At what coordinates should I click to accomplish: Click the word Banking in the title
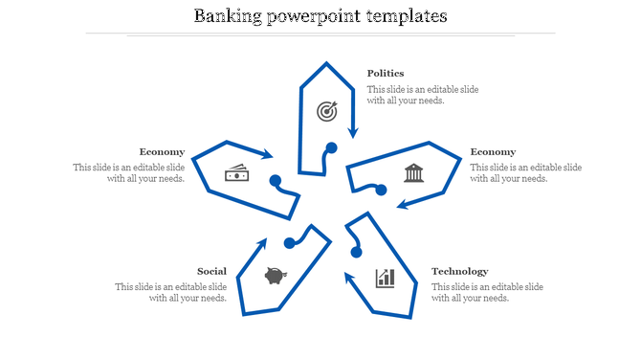(x=232, y=16)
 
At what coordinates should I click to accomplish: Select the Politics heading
(x=386, y=73)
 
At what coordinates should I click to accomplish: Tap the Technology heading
(x=459, y=271)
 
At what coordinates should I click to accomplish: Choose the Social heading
(x=211, y=271)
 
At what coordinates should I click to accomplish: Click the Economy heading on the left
(x=162, y=151)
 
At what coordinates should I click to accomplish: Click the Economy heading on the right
(x=493, y=151)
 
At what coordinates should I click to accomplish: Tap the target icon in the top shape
(x=327, y=111)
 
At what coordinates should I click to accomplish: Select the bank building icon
(x=414, y=172)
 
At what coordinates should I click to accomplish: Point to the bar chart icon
(x=386, y=278)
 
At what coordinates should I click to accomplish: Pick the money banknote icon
(x=236, y=173)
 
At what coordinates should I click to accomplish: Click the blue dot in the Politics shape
(x=331, y=147)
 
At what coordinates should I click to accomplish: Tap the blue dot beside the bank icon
(x=380, y=191)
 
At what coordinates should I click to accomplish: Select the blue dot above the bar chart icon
(x=357, y=252)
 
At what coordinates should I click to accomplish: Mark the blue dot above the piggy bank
(x=288, y=243)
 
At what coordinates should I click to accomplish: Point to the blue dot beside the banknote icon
(x=274, y=179)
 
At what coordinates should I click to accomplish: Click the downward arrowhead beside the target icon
(x=353, y=132)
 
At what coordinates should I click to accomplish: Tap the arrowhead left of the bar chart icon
(x=348, y=278)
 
